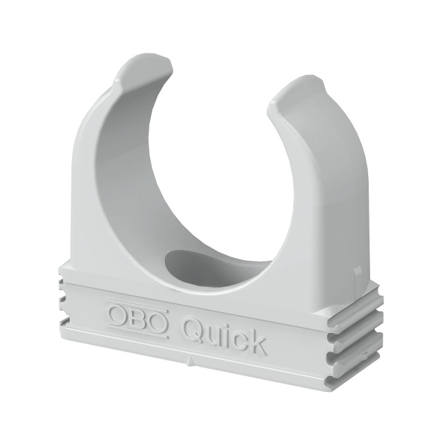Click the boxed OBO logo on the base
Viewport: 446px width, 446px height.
(138, 314)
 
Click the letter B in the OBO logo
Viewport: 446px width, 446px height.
(138, 314)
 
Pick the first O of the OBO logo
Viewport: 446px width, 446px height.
(119, 310)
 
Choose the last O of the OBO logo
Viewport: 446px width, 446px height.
(158, 318)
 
